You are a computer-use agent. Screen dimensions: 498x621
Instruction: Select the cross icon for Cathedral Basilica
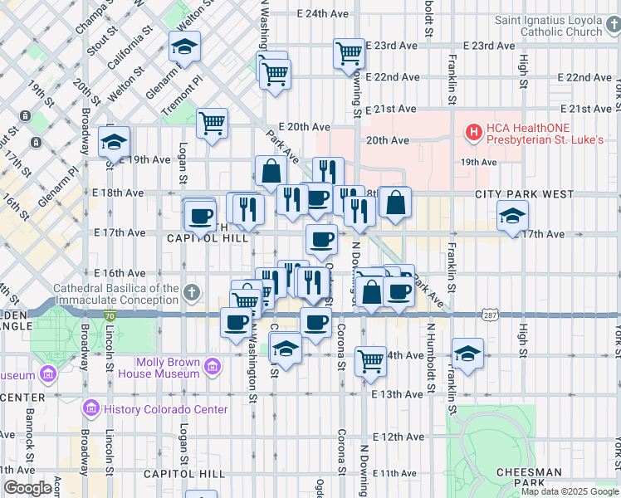tap(192, 292)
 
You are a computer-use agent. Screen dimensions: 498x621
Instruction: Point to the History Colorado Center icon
tap(91, 409)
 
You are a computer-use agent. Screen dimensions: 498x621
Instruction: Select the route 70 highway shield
tap(110, 315)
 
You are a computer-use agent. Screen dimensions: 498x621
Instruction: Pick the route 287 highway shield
tap(489, 315)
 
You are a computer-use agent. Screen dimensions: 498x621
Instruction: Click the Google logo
tap(27, 488)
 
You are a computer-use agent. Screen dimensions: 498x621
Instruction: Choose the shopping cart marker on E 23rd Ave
tap(350, 54)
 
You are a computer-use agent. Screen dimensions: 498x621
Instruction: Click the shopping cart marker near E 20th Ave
tap(213, 123)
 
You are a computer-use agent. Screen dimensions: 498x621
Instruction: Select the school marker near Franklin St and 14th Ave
tap(467, 353)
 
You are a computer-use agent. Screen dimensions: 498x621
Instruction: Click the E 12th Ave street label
tap(398, 437)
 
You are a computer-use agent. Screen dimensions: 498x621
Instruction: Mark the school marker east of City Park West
tap(512, 217)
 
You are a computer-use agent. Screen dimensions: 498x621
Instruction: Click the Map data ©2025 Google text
tap(570, 491)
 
